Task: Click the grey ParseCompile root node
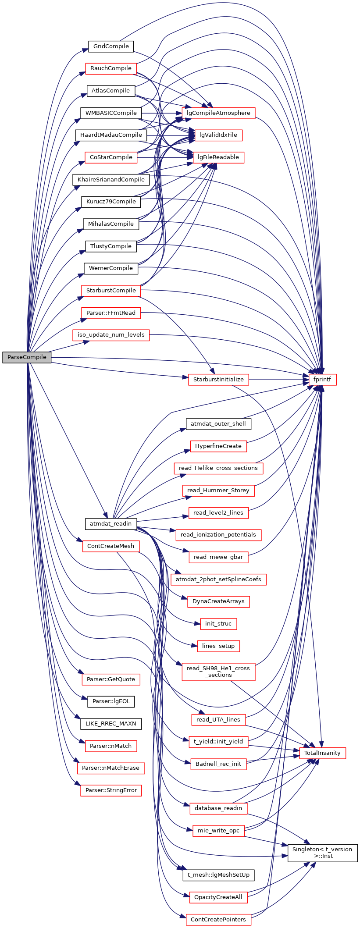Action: click(x=27, y=357)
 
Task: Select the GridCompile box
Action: click(x=111, y=46)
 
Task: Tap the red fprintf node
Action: click(x=322, y=380)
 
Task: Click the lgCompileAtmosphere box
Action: click(x=218, y=113)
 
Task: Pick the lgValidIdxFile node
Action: click(x=218, y=135)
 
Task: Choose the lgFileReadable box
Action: click(x=218, y=157)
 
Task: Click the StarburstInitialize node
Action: click(x=218, y=380)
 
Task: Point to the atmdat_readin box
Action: click(x=110, y=524)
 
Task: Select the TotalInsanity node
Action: click(x=322, y=753)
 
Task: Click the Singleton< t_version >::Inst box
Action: click(x=322, y=853)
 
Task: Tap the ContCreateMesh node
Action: click(x=110, y=546)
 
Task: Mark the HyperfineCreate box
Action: click(x=218, y=446)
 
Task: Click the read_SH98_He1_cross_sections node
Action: click(x=218, y=672)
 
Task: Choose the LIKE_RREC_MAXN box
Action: click(x=110, y=724)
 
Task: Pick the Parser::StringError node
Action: click(x=110, y=790)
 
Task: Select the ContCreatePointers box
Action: click(x=218, y=920)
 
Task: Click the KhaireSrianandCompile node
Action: click(x=111, y=180)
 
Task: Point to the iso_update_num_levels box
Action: click(x=111, y=335)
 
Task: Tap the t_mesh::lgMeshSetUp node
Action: click(x=218, y=875)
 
